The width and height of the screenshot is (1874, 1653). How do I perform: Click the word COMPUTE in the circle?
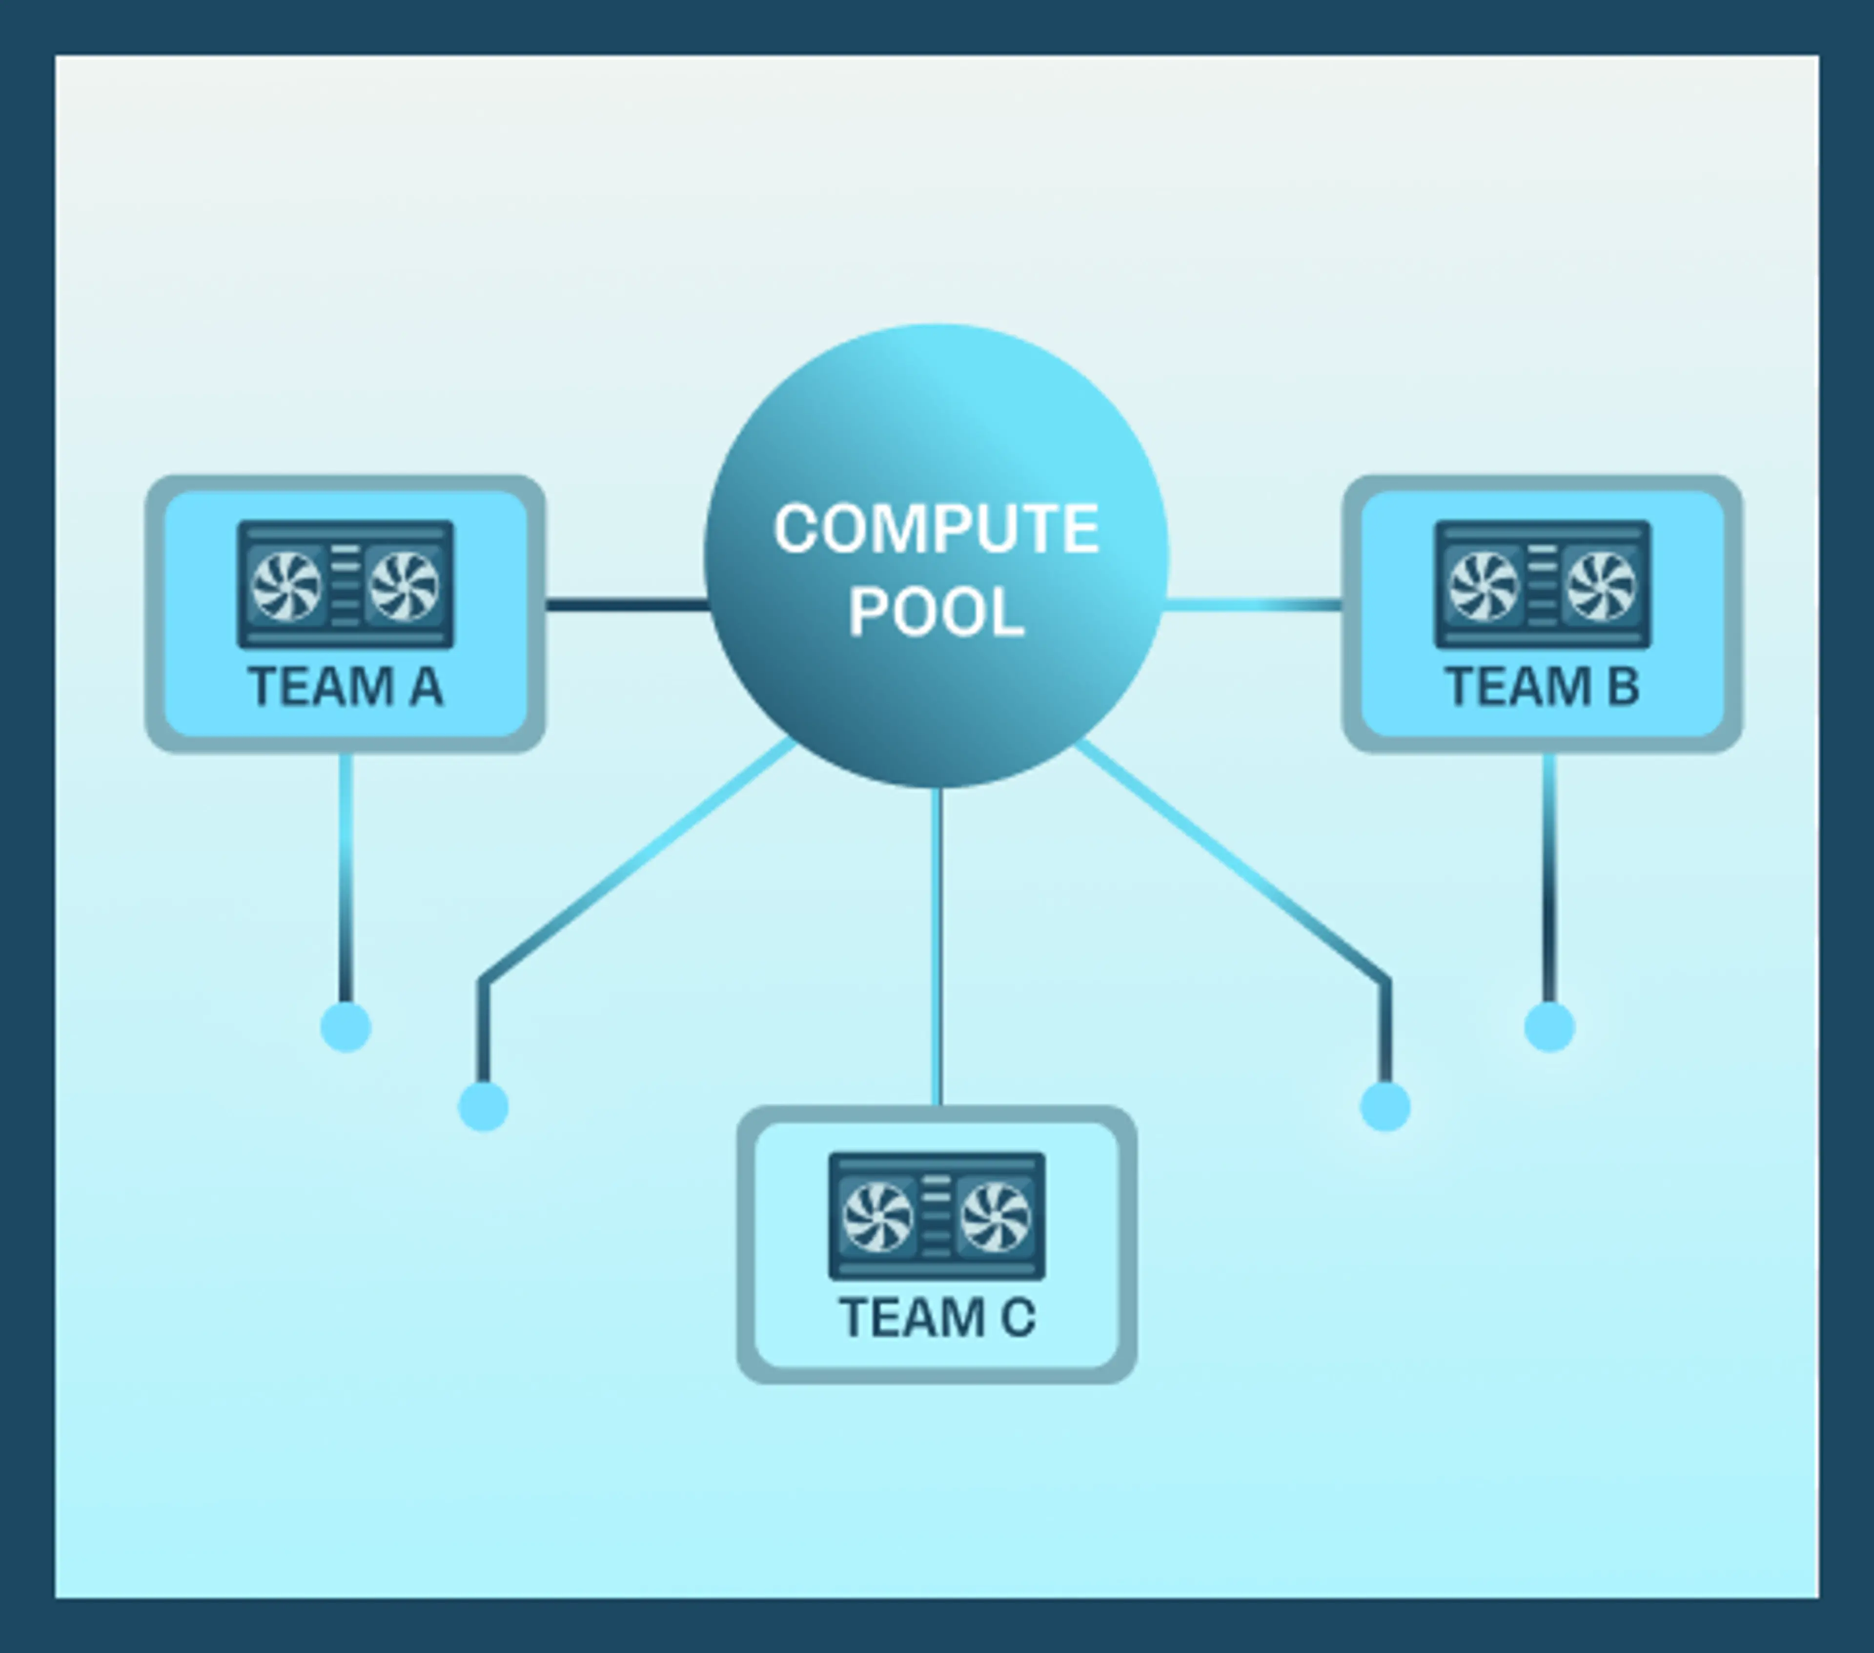click(x=936, y=529)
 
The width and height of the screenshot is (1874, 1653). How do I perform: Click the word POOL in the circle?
click(x=936, y=612)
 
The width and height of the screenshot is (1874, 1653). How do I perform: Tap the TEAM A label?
click(x=346, y=687)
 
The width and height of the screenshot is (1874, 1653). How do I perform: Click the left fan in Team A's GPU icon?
click(x=286, y=585)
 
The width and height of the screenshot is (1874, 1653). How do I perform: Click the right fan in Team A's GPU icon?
click(x=404, y=585)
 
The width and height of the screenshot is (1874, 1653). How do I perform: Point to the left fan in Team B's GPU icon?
click(x=1484, y=585)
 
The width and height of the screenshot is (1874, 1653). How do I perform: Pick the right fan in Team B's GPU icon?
click(x=1601, y=585)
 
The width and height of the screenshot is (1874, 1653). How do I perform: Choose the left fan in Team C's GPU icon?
click(x=877, y=1217)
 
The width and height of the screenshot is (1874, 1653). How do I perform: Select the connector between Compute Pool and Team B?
click(x=1254, y=604)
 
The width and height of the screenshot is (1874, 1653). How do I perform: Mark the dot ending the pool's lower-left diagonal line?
click(x=483, y=1106)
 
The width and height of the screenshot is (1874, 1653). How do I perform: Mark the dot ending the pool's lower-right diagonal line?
click(x=1385, y=1106)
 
